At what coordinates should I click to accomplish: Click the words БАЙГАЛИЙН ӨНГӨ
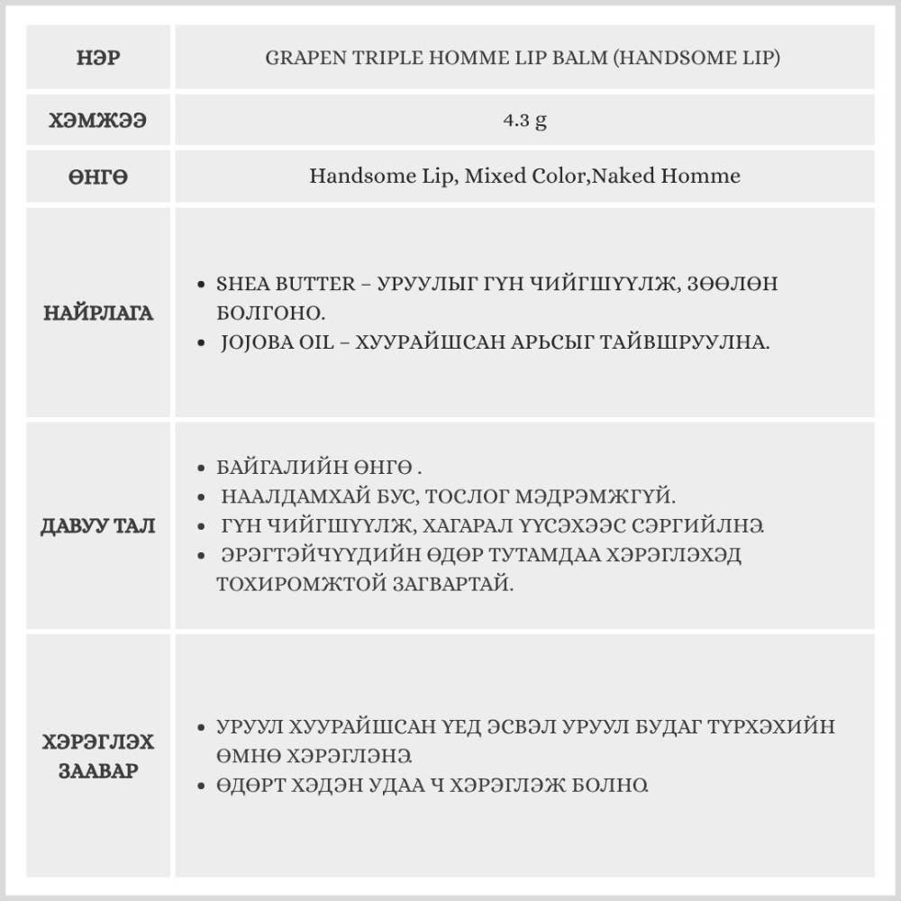point(314,469)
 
